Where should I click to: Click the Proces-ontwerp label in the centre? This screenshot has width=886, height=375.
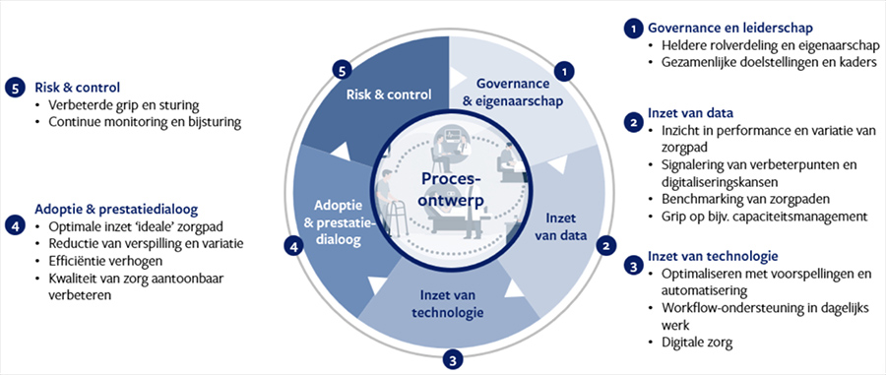[452, 190]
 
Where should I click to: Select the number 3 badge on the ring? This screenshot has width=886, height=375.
[453, 359]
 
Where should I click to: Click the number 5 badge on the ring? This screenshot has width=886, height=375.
[341, 71]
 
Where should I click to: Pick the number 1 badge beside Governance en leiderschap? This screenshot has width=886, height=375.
[634, 29]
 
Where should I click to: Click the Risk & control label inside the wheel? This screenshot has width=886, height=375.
[389, 94]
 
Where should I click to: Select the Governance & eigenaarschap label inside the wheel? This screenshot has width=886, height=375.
[513, 93]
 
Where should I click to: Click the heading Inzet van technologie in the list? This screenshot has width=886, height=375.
[713, 256]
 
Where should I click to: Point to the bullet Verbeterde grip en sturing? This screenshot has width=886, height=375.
[124, 105]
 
